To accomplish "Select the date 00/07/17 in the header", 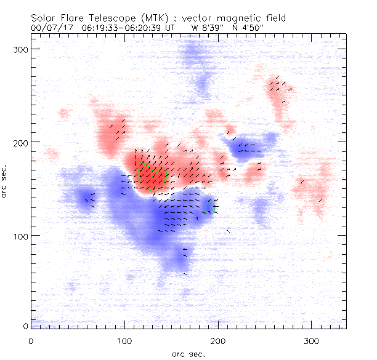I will tap(51, 28).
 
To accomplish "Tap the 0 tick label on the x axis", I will tap(31, 340).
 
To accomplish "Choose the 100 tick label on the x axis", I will tap(124, 340).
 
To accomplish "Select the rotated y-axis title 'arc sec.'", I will tap(6, 181).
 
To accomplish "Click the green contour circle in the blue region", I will tap(210, 207).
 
